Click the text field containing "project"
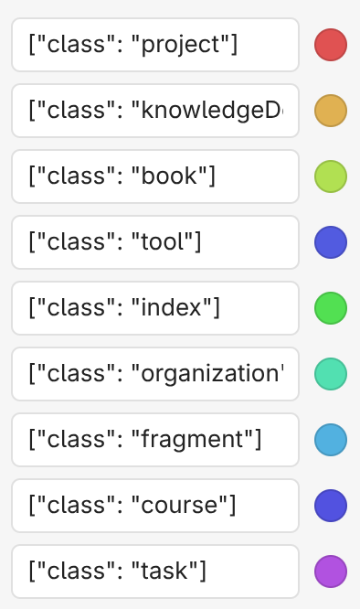tap(155, 45)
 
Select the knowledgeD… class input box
tap(155, 111)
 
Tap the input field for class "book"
tap(155, 176)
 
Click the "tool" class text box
tap(155, 242)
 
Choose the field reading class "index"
tap(155, 308)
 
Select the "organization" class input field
tap(155, 374)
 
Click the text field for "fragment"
tap(155, 440)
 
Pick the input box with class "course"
tap(155, 506)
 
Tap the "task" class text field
tap(155, 572)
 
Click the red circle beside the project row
tap(331, 45)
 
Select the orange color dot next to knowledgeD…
tap(331, 111)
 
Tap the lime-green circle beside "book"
tap(331, 176)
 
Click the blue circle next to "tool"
tap(331, 242)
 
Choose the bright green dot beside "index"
tap(331, 308)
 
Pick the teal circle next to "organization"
tap(331, 374)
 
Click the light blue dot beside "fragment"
tap(331, 440)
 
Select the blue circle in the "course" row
tap(331, 506)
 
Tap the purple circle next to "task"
tap(331, 572)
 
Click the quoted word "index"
tap(173, 308)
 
